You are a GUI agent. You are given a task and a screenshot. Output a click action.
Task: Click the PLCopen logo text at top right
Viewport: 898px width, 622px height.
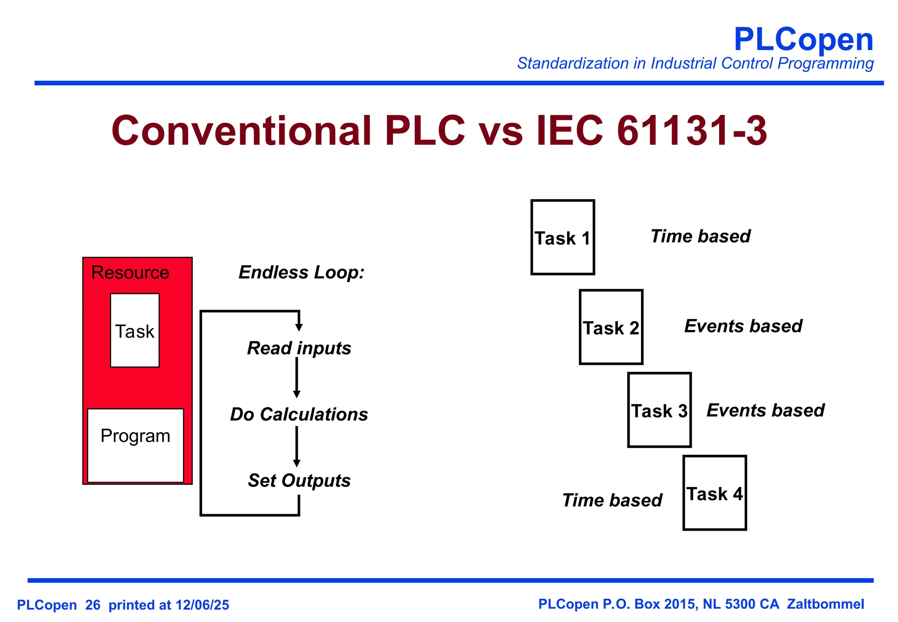pyautogui.click(x=803, y=39)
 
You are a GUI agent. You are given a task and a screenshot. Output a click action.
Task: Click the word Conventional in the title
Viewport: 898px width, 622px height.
pyautogui.click(x=241, y=131)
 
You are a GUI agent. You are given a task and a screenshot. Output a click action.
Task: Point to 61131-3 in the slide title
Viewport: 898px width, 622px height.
pyautogui.click(x=691, y=131)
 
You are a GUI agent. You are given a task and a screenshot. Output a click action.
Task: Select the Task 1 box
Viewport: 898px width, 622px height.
pyautogui.click(x=563, y=237)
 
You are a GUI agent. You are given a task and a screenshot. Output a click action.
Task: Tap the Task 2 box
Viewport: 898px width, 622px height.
pyautogui.click(x=611, y=327)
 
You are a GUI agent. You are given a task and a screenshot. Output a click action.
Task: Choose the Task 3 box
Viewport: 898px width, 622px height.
pyautogui.click(x=659, y=410)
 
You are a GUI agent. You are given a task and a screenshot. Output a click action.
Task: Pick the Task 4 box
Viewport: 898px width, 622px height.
pyautogui.click(x=714, y=493)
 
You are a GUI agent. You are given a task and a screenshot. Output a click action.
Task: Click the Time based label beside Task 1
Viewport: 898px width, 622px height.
pyautogui.click(x=700, y=236)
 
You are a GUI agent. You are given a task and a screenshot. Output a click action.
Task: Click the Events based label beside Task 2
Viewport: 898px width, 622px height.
pyautogui.click(x=743, y=326)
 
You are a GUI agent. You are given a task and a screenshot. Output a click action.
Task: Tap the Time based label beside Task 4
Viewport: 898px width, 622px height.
pyautogui.click(x=612, y=500)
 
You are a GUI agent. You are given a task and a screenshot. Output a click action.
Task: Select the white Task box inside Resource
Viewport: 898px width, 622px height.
pyautogui.click(x=135, y=330)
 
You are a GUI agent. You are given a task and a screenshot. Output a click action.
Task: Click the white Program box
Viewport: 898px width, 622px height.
pyautogui.click(x=135, y=445)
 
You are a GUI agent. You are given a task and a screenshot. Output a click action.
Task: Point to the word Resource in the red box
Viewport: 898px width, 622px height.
pyautogui.click(x=130, y=273)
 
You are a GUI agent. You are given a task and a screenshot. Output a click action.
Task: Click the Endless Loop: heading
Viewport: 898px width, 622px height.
pyautogui.click(x=301, y=272)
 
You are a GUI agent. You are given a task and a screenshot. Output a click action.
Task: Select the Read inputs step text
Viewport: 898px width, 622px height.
pyautogui.click(x=299, y=348)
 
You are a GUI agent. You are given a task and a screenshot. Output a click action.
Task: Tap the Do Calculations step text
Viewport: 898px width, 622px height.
pyautogui.click(x=299, y=415)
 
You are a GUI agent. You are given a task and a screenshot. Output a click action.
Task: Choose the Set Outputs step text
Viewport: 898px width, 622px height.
pyautogui.click(x=299, y=481)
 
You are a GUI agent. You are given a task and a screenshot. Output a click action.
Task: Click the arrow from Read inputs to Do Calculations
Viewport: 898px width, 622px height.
pyautogui.click(x=297, y=378)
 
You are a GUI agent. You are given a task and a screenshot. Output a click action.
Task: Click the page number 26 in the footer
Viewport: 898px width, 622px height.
pyautogui.click(x=93, y=605)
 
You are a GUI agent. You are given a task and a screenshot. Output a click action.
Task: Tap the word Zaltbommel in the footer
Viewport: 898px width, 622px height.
pyautogui.click(x=825, y=604)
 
